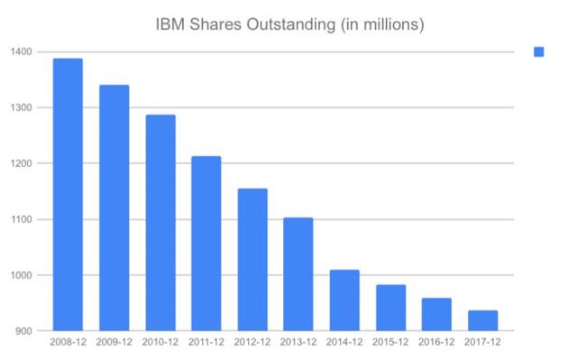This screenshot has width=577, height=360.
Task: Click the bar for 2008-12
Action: (x=68, y=195)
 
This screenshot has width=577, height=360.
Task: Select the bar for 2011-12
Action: (x=206, y=244)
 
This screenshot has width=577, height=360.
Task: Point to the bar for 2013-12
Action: (x=298, y=274)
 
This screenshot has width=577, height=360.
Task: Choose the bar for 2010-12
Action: (x=160, y=223)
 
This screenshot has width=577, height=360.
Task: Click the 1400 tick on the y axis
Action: (x=23, y=52)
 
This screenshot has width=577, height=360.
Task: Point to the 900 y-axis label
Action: (x=25, y=331)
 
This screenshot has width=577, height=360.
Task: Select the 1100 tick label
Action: (x=23, y=219)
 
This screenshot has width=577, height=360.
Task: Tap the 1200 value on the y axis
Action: (x=23, y=164)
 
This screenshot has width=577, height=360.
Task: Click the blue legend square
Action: (x=539, y=52)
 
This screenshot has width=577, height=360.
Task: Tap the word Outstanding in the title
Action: (x=290, y=24)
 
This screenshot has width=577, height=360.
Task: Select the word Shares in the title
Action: (x=216, y=24)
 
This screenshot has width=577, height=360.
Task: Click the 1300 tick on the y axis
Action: (x=23, y=108)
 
